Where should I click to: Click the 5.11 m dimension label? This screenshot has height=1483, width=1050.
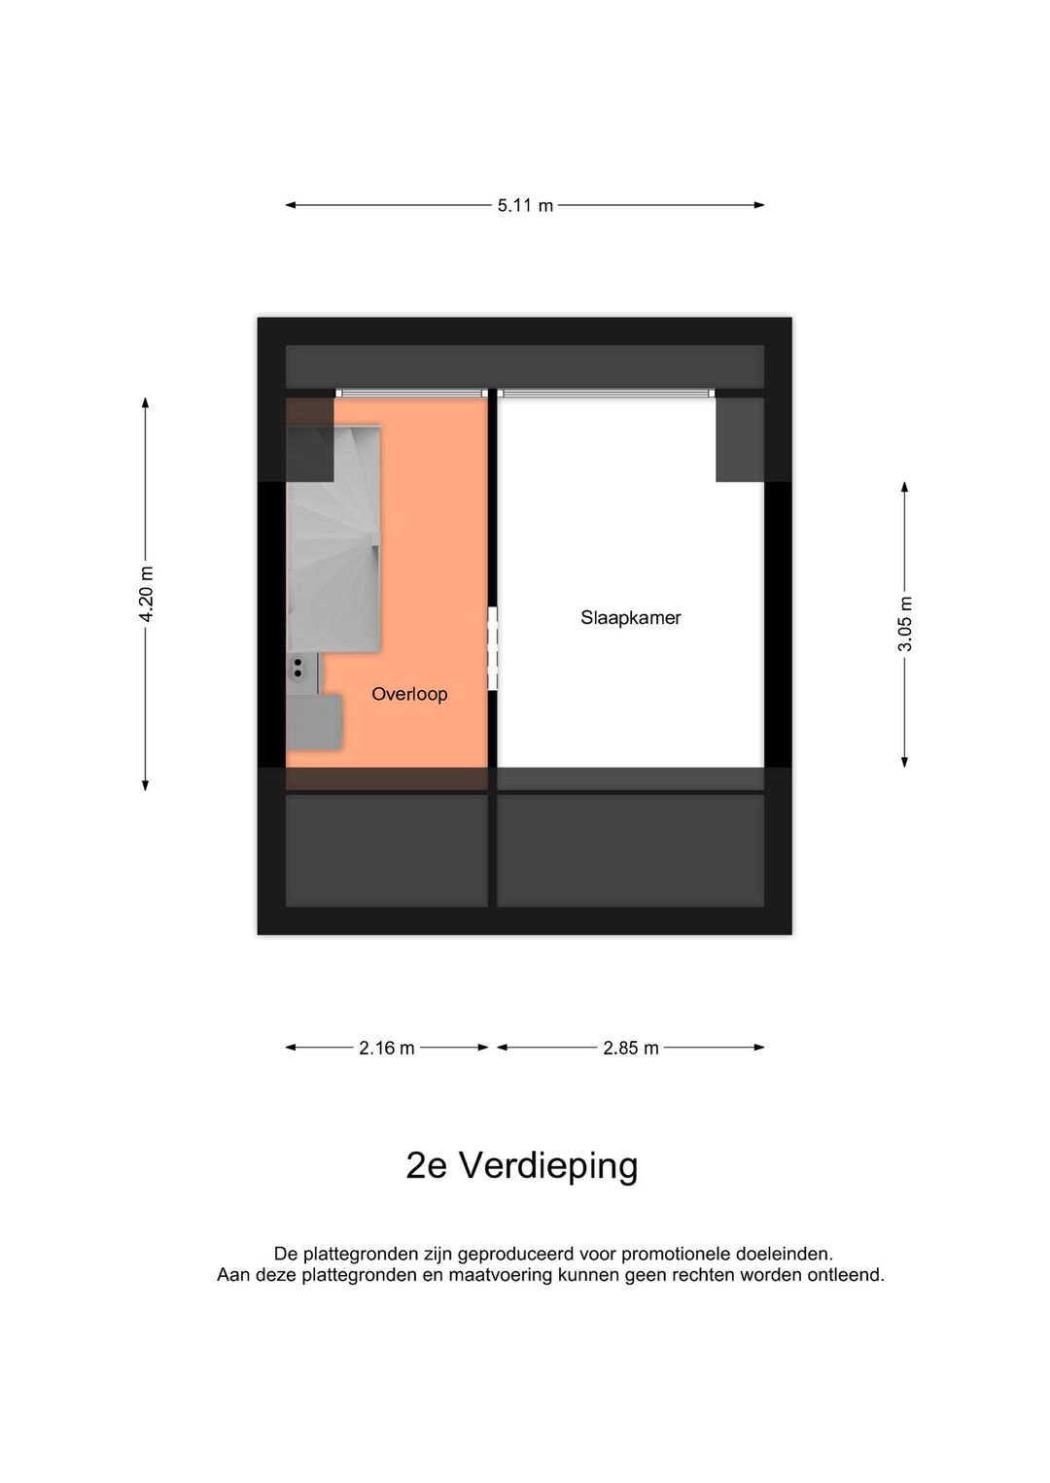click(525, 206)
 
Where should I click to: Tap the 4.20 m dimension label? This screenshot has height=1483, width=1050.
click(146, 594)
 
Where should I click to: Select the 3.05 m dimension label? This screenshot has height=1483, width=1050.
click(905, 623)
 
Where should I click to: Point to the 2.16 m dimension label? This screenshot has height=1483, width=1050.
click(387, 1048)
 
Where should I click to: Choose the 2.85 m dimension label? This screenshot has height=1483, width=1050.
click(631, 1048)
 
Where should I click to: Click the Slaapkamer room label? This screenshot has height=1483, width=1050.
click(631, 618)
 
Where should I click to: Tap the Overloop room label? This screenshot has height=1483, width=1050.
click(409, 694)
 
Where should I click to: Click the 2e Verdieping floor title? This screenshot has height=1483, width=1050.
click(522, 1165)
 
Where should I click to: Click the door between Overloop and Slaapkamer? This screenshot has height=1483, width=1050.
click(493, 649)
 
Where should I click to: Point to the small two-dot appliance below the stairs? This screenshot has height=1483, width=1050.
click(297, 667)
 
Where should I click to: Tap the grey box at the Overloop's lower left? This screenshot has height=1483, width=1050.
click(314, 721)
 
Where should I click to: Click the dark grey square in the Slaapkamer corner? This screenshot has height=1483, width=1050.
click(740, 439)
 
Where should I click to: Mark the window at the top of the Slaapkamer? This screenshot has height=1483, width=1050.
click(607, 393)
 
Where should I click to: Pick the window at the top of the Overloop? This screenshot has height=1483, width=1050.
click(409, 393)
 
